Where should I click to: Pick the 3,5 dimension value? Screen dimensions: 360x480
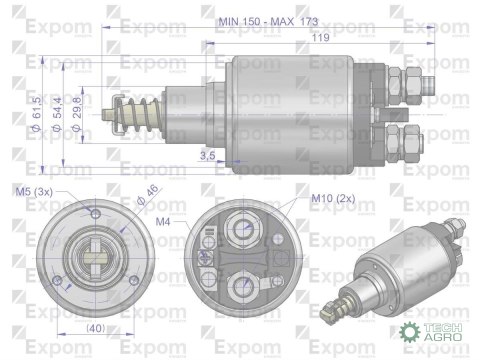[x=208, y=154]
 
